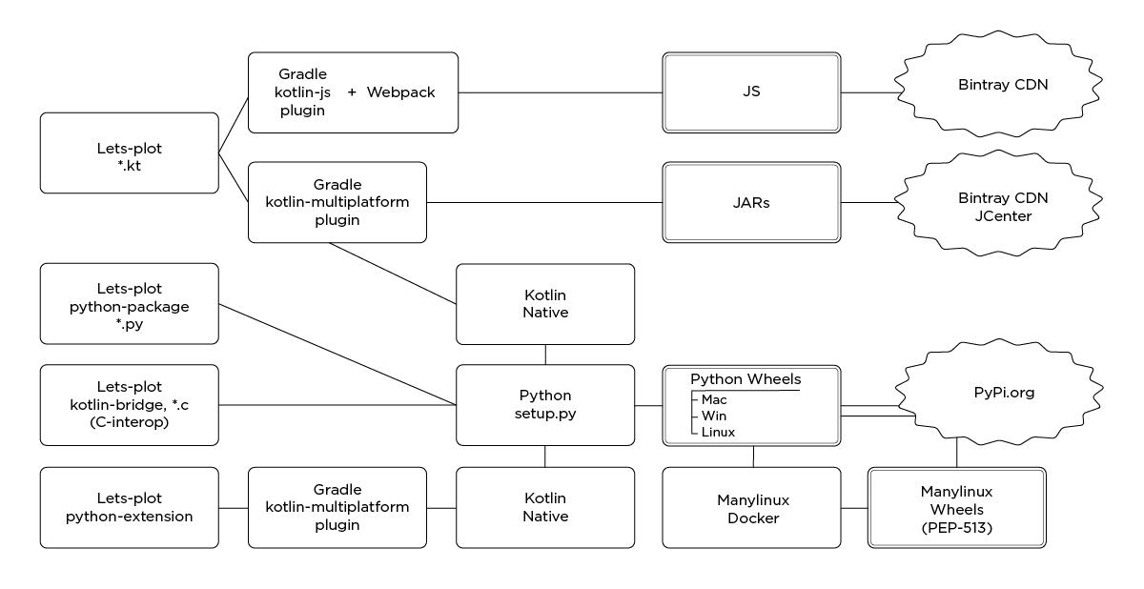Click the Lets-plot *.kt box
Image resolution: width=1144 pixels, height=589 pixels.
129,152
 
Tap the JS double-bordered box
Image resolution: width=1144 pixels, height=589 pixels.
751,92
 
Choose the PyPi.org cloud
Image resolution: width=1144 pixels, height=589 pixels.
989,391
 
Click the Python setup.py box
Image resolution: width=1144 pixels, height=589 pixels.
545,404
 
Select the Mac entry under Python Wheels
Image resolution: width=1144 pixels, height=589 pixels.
714,400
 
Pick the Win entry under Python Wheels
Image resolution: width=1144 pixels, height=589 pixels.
713,416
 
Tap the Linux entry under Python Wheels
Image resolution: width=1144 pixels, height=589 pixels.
718,433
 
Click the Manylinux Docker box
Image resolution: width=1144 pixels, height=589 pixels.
752,507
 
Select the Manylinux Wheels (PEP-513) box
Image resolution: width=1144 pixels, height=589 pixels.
956,507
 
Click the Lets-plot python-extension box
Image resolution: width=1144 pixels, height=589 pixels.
129,507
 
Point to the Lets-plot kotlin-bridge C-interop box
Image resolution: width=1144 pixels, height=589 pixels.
129,404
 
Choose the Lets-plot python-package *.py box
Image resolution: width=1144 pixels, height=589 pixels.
129,303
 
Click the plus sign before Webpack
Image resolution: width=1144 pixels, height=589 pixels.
352,92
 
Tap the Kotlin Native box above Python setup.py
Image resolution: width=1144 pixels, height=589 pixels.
545,303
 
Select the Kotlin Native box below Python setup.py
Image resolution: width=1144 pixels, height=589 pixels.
545,507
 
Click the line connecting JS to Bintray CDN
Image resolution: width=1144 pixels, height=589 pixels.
868,92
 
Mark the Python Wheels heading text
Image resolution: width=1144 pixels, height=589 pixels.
746,379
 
